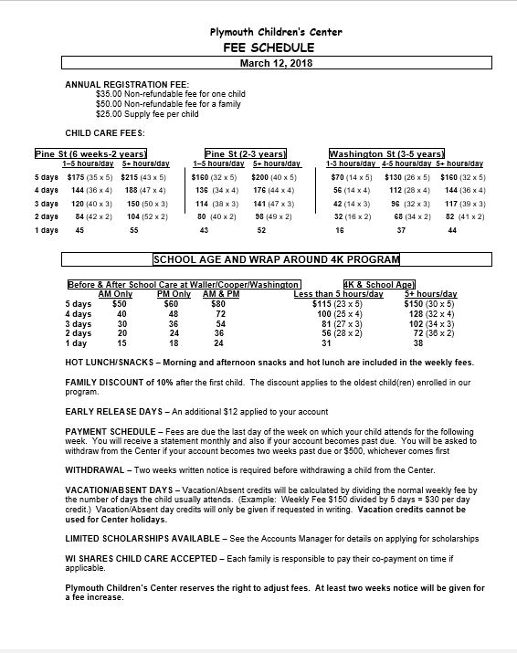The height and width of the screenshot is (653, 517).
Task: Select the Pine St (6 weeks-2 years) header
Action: click(x=90, y=153)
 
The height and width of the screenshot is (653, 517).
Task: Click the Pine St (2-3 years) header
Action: click(x=245, y=153)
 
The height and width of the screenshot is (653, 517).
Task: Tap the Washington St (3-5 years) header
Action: click(x=386, y=153)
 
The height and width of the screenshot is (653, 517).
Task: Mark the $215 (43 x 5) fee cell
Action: click(x=142, y=176)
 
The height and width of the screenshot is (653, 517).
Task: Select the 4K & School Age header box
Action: click(x=379, y=285)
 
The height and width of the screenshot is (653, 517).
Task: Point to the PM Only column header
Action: click(x=174, y=294)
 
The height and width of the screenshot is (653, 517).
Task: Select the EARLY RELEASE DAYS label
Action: click(x=112, y=412)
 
